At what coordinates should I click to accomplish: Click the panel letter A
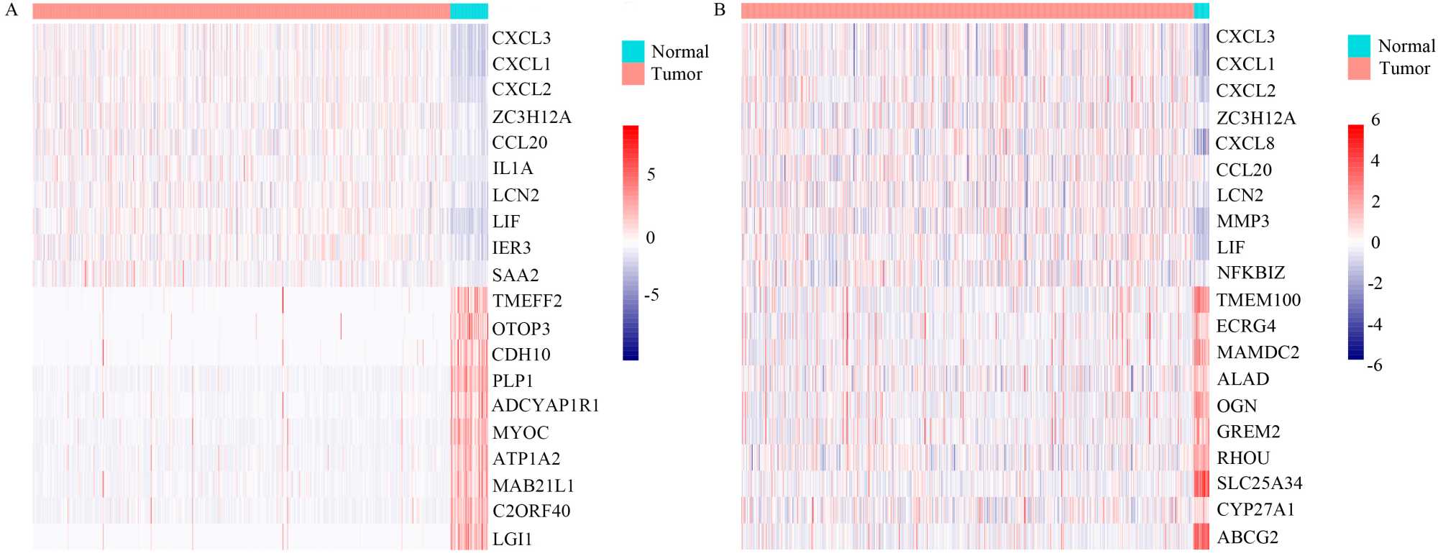pos(11,10)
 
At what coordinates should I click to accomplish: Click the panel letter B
pos(720,10)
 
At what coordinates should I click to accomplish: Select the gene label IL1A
pos(513,169)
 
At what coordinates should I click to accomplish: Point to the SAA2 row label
pos(515,275)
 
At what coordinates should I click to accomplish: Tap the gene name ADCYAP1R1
pos(545,406)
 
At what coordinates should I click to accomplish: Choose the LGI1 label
pos(512,539)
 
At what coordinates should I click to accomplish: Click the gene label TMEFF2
pos(527,301)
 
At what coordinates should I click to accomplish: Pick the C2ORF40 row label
pos(531,511)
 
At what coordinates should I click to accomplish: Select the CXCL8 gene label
pos(1245,144)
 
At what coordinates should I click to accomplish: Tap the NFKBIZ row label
pos(1250,273)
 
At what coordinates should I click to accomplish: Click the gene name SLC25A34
pos(1259,483)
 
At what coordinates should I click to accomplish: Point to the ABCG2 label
pos(1247,537)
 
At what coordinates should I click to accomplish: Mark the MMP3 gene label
pos(1242,222)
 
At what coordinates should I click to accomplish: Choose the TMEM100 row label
pos(1258,300)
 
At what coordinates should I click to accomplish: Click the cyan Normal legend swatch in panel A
pos(633,51)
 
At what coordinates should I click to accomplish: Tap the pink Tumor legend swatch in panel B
pos(1359,68)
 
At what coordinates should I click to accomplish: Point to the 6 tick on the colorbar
pos(1375,120)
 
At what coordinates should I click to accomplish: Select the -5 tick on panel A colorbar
pos(651,295)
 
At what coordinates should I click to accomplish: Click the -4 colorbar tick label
pos(1374,325)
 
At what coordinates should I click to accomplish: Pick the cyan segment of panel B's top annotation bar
pos(1201,11)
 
